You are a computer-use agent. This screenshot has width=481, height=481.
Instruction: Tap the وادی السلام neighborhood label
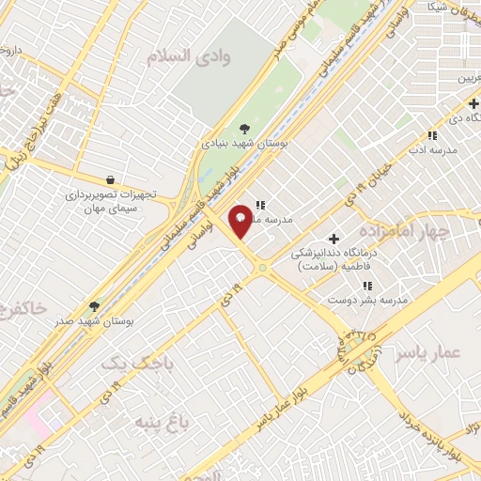point(188,56)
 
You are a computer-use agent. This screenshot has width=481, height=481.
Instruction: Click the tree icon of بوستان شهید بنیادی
point(245,128)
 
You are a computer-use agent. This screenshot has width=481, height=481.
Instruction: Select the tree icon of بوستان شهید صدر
point(93,305)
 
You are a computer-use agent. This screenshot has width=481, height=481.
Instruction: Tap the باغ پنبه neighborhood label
point(160,420)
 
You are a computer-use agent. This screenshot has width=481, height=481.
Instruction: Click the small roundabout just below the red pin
point(262,269)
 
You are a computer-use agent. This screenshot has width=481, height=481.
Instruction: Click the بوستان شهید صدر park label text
point(93,321)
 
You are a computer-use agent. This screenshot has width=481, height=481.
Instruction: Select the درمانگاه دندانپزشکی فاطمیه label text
point(333,260)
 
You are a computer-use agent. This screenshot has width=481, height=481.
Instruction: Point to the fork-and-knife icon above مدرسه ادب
point(431,135)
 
